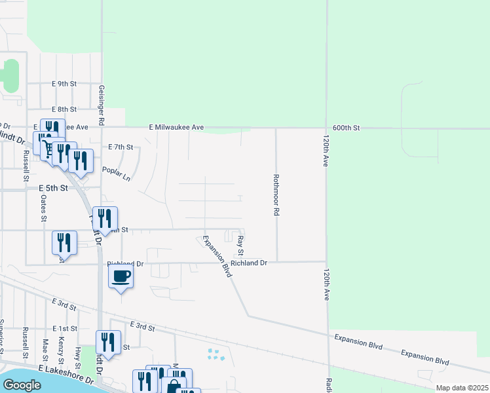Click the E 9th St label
point(64,84)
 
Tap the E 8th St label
point(64,109)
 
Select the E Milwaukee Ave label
point(177,127)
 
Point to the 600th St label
point(347,128)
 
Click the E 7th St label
point(121,147)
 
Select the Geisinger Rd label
point(102,105)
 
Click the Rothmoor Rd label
point(276,196)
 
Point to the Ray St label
point(241,246)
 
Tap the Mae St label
point(45,350)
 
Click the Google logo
point(22,385)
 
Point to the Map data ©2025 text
point(461,388)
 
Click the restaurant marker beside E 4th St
point(105,218)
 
